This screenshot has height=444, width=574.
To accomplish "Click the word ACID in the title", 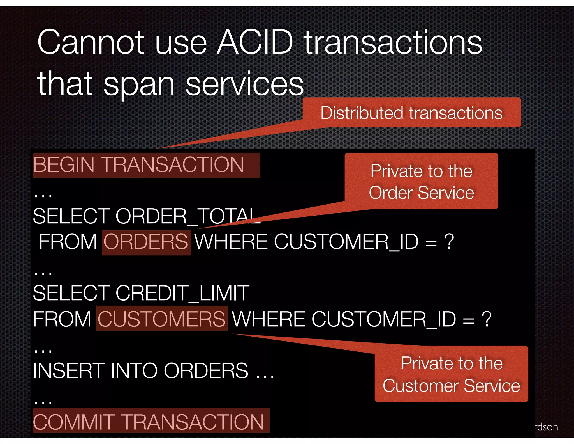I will point(255,43).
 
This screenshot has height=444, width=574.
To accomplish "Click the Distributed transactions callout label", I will point(411,113).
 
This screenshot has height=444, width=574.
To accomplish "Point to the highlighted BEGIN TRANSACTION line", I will point(138,165).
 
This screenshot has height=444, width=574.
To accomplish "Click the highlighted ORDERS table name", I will point(146,242).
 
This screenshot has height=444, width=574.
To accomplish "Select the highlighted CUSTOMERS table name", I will point(161,319).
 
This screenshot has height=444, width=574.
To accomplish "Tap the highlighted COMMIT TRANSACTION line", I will point(149,422).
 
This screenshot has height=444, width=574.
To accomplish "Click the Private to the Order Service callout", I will point(421,182).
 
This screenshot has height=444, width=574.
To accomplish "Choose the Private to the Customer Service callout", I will point(451,374).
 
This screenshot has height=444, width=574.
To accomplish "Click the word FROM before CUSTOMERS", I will point(62,319).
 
